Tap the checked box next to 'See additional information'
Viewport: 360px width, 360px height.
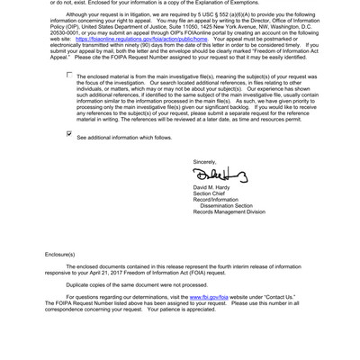[x=69, y=133]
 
